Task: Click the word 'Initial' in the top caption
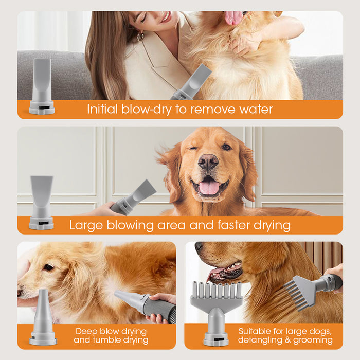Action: click(x=102, y=109)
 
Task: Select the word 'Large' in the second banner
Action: click(x=86, y=225)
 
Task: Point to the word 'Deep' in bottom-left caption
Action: click(x=86, y=331)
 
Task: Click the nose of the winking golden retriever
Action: click(x=208, y=162)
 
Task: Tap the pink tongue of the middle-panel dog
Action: click(x=209, y=187)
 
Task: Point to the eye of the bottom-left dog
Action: click(x=48, y=267)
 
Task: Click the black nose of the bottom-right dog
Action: click(x=199, y=246)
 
